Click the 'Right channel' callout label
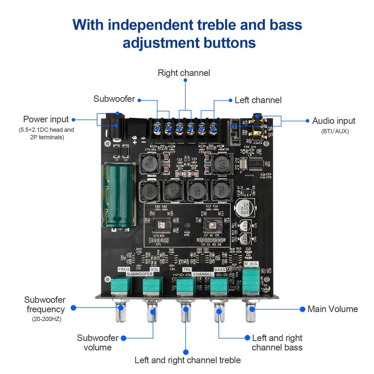[184, 73]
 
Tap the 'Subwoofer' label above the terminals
[114, 99]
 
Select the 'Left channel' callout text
[258, 100]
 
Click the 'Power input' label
[46, 119]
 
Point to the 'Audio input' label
[333, 121]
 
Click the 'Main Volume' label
[332, 309]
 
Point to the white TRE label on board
[187, 269]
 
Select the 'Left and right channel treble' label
[187, 360]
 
